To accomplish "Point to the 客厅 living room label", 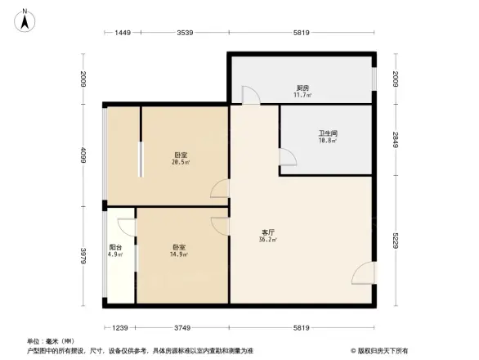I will tap(267, 232).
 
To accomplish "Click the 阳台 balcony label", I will tap(115, 247).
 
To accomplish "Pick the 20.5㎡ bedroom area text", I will tap(181, 163).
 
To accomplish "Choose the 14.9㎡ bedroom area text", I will tap(179, 254).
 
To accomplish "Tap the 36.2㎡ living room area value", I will tap(267, 240).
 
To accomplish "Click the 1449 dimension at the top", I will tap(123, 33).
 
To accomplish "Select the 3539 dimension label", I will tap(185, 33).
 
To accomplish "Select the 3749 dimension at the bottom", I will tap(181, 327).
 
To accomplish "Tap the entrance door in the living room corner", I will tap(365, 275).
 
